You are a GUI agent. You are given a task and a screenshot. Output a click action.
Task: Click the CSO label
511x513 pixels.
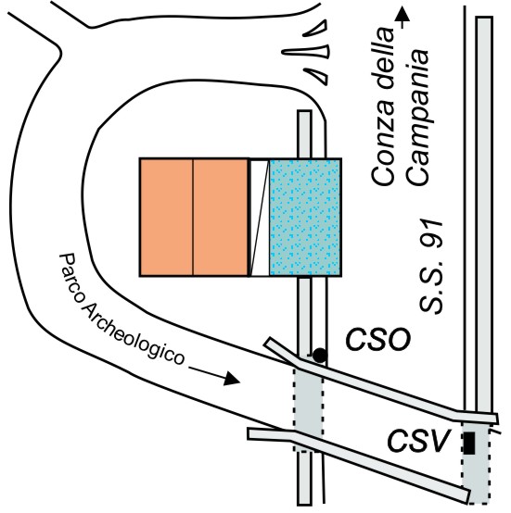[377, 339]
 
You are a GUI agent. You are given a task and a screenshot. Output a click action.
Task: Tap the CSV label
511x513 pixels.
[418, 441]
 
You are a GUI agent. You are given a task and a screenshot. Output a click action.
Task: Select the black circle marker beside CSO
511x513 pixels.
[320, 355]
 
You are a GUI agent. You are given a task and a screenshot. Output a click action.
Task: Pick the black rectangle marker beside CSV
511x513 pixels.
[469, 443]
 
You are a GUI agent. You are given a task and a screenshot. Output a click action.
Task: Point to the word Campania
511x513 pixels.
[417, 118]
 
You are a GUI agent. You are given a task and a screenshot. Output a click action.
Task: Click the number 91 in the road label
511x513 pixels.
[431, 235]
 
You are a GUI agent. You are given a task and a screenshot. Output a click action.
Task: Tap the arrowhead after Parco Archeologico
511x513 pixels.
[233, 379]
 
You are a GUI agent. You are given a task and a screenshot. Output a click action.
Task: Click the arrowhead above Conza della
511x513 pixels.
[402, 15]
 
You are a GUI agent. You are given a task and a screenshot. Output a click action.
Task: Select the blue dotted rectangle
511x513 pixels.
[305, 218]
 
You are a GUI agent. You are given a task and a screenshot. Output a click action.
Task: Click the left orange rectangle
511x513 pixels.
[166, 218]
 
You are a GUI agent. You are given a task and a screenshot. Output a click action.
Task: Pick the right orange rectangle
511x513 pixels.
[220, 218]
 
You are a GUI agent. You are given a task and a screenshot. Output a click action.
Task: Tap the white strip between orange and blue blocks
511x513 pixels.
[260, 218]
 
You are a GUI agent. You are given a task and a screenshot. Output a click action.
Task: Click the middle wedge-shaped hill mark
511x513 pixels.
[306, 52]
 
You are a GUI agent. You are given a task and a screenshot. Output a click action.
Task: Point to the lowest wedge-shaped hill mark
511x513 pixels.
[316, 77]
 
